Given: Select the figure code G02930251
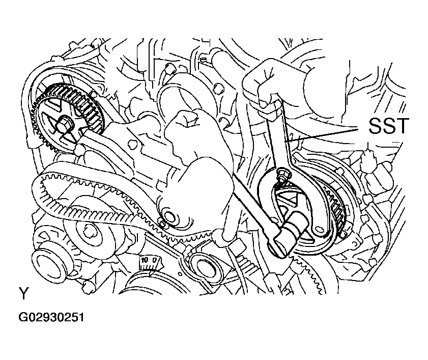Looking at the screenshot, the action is pos(51,318).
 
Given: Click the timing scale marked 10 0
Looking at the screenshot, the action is pos(150,262).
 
